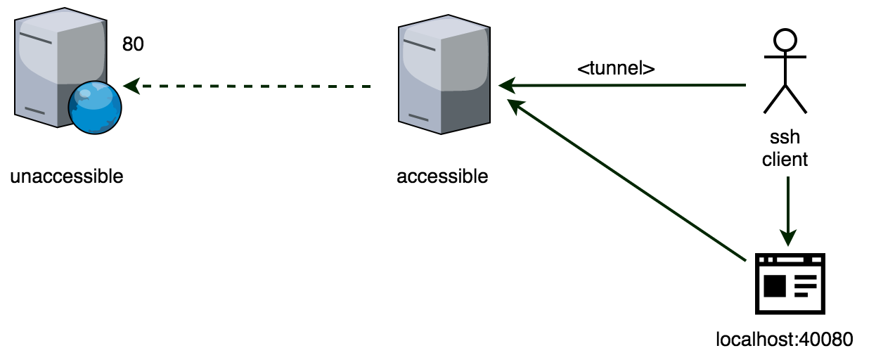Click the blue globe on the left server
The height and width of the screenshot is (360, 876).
(94, 108)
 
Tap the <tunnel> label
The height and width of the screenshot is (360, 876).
(616, 68)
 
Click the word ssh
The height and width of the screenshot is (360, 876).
(785, 136)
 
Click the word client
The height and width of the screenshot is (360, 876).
(785, 160)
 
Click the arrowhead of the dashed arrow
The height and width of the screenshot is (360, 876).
(129, 86)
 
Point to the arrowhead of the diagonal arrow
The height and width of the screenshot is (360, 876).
(513, 104)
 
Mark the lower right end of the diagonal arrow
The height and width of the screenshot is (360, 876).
(745, 261)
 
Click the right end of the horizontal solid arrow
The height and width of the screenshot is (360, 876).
(744, 86)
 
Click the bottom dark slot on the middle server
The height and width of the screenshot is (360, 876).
(418, 117)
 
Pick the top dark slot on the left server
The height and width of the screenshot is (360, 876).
(36, 37)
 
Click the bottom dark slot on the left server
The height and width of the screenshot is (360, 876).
(34, 110)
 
